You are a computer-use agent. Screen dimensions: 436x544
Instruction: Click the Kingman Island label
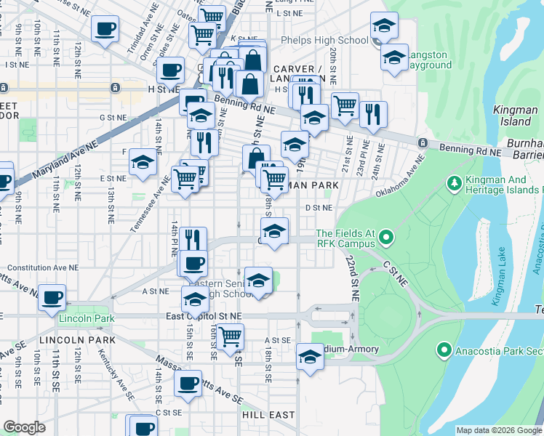click(516, 116)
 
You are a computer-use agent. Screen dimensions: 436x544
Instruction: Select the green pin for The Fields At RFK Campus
click(386, 238)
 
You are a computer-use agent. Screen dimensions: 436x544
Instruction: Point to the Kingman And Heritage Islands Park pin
click(455, 181)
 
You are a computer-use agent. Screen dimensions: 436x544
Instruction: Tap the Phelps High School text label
click(324, 41)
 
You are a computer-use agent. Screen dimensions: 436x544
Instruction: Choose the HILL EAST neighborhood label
click(268, 415)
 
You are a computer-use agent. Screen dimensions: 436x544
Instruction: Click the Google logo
click(25, 427)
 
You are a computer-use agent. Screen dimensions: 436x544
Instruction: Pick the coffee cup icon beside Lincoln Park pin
click(52, 296)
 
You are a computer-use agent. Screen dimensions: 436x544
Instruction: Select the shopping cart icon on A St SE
click(230, 336)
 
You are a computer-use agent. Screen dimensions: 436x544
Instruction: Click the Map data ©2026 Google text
click(499, 430)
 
